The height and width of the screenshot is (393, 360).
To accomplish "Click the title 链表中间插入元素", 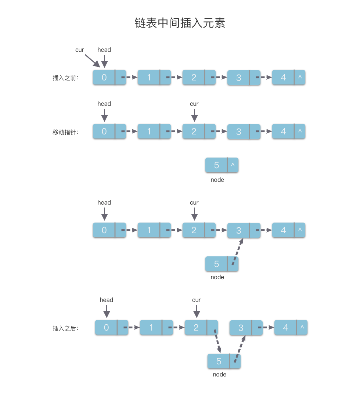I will tap(180, 23).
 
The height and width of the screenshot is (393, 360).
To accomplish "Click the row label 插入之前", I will tap(65, 78).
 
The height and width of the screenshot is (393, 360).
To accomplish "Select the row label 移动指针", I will tap(65, 132).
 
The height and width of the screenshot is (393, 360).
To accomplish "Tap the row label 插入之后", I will tap(65, 328).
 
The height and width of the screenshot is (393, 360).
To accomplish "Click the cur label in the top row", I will tap(79, 50).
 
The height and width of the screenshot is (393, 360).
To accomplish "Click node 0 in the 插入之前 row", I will tap(104, 77).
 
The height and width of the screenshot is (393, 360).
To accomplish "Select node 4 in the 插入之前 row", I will tap(283, 77).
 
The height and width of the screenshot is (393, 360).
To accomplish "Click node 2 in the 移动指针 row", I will tap(194, 131).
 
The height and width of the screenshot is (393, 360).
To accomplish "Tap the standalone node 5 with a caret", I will tap(217, 165).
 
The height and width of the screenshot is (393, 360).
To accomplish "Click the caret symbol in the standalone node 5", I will tap(233, 165).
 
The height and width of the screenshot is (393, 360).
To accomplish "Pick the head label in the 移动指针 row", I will tap(104, 104).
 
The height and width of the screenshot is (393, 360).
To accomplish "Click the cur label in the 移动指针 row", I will tap(194, 104).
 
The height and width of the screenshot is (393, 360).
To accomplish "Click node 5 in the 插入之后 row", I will tap(219, 361).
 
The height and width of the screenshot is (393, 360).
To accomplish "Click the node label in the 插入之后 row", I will tap(219, 375).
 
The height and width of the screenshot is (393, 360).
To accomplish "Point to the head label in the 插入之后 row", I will tap(106, 300).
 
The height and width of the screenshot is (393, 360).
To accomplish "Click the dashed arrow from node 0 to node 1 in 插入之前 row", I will tap(129, 77).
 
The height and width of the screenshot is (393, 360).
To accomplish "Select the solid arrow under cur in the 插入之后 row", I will tap(197, 312).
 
